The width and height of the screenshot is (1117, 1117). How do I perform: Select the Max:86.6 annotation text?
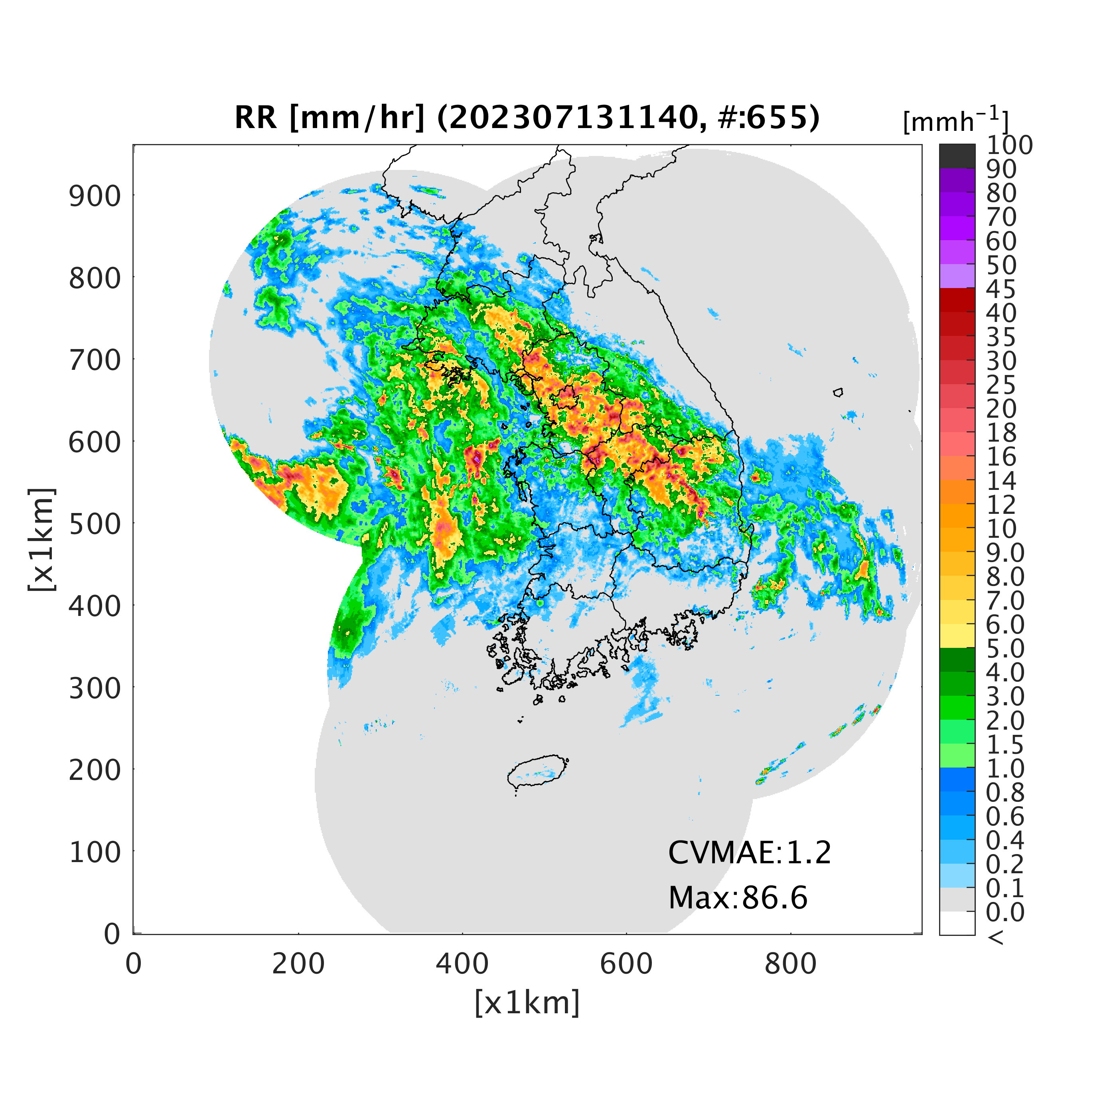(x=738, y=898)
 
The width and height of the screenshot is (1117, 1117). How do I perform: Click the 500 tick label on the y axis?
(x=95, y=524)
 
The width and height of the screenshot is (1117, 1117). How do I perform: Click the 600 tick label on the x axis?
(x=626, y=964)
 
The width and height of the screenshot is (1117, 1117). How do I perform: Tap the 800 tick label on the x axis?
(x=790, y=964)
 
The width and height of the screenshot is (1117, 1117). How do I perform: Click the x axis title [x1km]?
(x=527, y=1003)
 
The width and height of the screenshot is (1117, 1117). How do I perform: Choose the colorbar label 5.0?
(x=1005, y=648)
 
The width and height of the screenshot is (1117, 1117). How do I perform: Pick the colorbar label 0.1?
(x=1005, y=888)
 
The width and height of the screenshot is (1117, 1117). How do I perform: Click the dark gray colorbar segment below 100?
(x=957, y=156)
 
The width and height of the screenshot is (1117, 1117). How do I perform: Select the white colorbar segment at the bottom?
(x=957, y=923)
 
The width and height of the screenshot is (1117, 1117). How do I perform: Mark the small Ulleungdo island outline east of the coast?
(x=838, y=393)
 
